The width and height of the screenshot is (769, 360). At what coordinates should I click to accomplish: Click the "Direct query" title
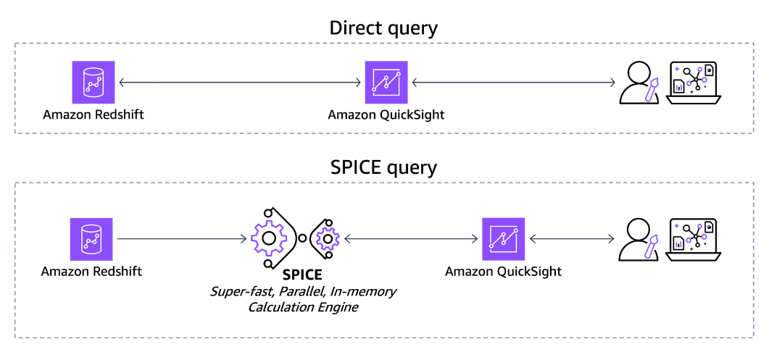click(x=383, y=28)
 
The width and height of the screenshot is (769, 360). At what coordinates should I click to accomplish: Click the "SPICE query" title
click(x=383, y=168)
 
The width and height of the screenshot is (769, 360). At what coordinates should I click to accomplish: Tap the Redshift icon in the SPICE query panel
click(x=91, y=239)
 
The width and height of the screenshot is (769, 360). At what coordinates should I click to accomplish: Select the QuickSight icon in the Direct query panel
click(x=386, y=82)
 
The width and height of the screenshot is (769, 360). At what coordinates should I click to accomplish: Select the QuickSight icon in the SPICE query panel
click(x=503, y=239)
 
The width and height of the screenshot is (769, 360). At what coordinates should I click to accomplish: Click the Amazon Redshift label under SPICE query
click(x=91, y=272)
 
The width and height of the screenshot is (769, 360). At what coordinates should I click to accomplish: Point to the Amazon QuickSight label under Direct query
click(x=386, y=114)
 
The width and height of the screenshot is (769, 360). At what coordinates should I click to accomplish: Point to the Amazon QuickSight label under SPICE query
click(x=503, y=272)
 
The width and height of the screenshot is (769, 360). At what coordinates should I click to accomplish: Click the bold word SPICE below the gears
click(x=303, y=276)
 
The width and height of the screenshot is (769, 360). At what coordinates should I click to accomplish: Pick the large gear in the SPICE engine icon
click(x=269, y=237)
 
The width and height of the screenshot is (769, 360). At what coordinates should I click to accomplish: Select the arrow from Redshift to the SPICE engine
click(x=181, y=238)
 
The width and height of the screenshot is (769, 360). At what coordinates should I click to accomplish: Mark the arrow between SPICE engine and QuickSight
click(x=412, y=238)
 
